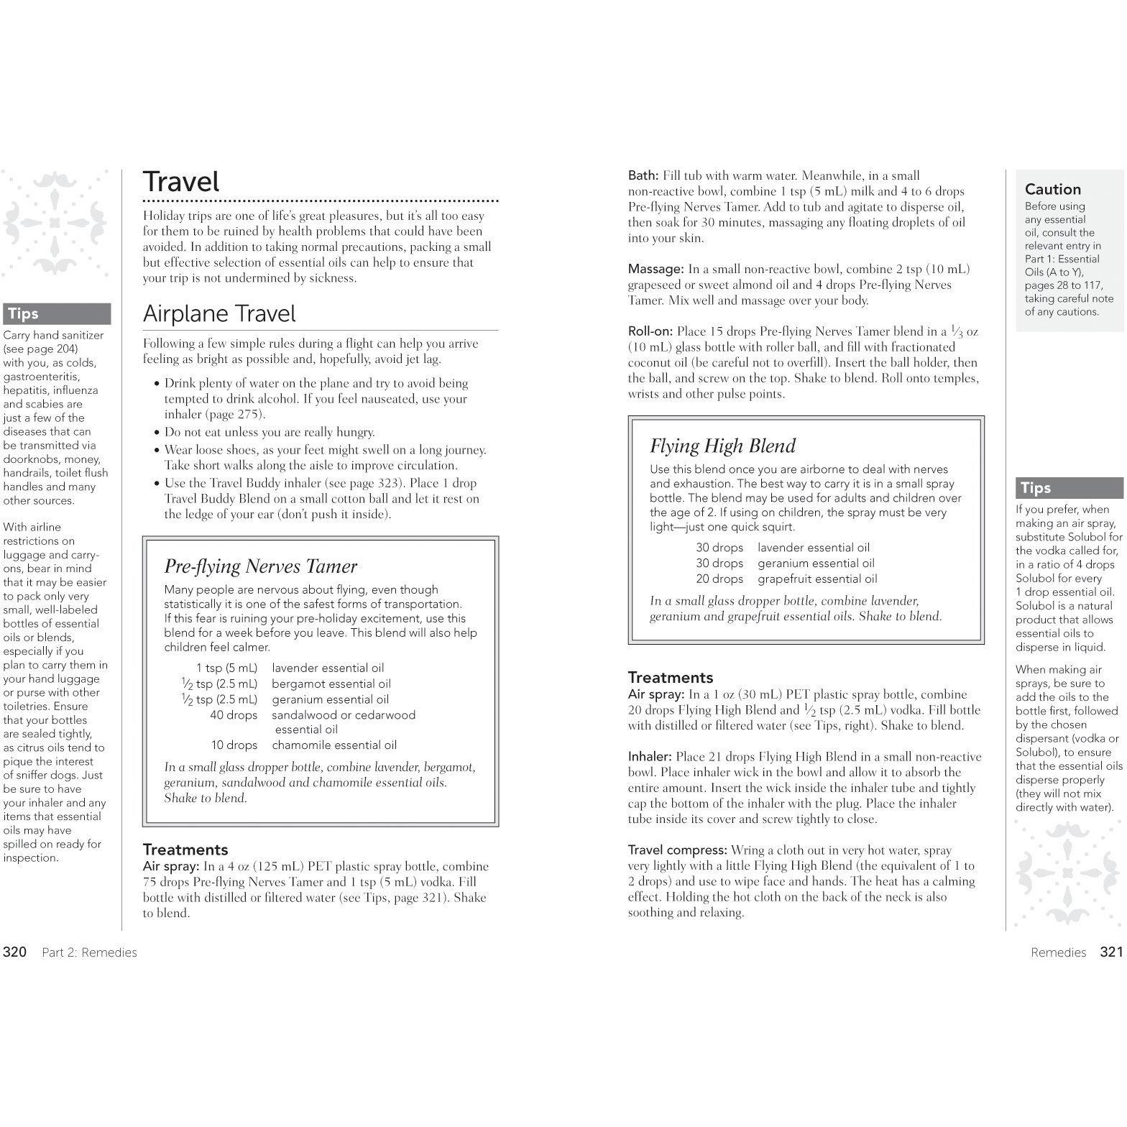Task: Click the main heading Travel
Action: tap(181, 182)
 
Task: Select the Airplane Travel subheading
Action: tap(219, 313)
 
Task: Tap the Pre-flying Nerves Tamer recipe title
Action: tap(260, 566)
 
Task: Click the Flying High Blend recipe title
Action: tap(722, 446)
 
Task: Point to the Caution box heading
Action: tap(1052, 190)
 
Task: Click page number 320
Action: tap(15, 952)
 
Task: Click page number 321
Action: tap(1110, 952)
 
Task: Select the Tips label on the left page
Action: tap(23, 314)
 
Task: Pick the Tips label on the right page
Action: tap(1036, 489)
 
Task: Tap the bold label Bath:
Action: tap(643, 176)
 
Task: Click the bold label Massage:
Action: tap(655, 270)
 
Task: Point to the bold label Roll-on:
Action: tap(650, 332)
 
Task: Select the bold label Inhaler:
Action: tap(650, 757)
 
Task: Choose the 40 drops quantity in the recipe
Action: tap(234, 715)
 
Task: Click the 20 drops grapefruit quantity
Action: tap(719, 579)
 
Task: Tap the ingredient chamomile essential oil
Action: tap(333, 745)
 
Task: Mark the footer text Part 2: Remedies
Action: tap(89, 953)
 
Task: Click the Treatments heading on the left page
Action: tap(185, 850)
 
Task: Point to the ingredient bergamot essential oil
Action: tap(331, 684)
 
